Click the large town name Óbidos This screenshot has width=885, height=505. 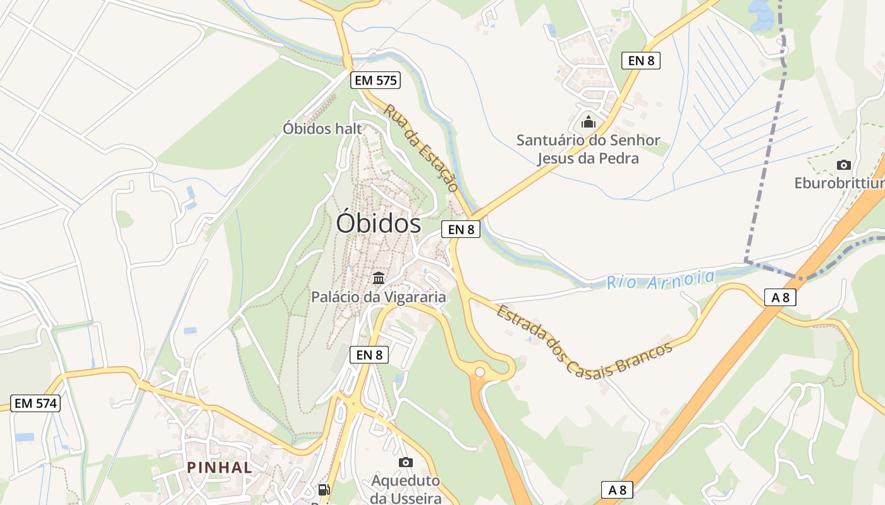click(x=378, y=223)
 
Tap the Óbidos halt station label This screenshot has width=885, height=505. click(x=322, y=129)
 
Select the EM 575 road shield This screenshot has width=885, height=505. click(x=375, y=80)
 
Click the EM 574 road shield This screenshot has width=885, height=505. click(x=36, y=403)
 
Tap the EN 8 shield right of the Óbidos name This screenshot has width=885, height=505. click(x=461, y=229)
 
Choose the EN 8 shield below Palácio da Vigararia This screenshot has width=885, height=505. click(x=369, y=355)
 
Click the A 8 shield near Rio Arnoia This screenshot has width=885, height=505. click(x=779, y=297)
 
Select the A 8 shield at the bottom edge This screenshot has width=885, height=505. click(x=617, y=489)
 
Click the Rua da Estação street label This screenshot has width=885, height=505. click(x=420, y=148)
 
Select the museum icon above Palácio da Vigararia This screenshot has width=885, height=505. click(x=379, y=278)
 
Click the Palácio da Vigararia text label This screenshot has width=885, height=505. click(x=378, y=297)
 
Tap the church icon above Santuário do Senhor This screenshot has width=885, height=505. click(x=588, y=121)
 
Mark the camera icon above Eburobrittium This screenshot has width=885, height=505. click(x=843, y=165)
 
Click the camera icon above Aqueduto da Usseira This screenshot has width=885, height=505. click(x=406, y=462)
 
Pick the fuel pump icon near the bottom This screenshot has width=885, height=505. click(x=324, y=489)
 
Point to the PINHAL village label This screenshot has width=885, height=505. click(x=219, y=468)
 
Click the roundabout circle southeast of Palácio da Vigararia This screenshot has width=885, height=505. click(x=480, y=372)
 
